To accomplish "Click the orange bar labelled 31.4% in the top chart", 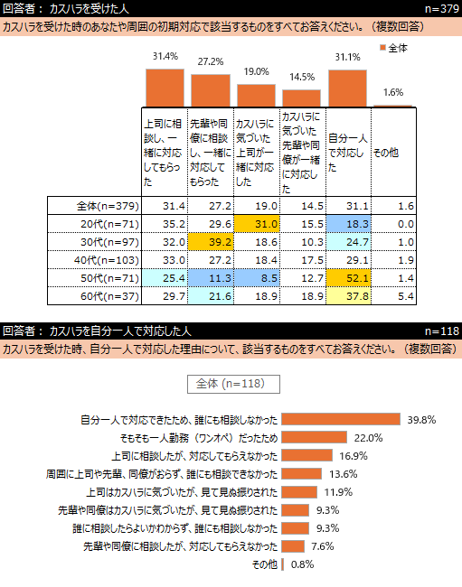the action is pyautogui.click(x=165, y=88).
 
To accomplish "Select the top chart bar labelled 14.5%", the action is pyautogui.click(x=302, y=98).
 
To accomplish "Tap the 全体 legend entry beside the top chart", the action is pyautogui.click(x=393, y=48).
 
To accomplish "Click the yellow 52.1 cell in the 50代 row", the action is pyautogui.click(x=348, y=278).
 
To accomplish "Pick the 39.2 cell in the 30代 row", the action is pyautogui.click(x=211, y=242).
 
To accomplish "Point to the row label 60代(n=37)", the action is pyautogui.click(x=109, y=296).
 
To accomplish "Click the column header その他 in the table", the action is pyautogui.click(x=386, y=153).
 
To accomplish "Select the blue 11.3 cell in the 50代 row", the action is pyautogui.click(x=211, y=278).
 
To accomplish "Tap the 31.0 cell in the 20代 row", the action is pyautogui.click(x=257, y=224).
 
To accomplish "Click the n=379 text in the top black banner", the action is pyautogui.click(x=442, y=9).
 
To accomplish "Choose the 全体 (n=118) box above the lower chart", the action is pyautogui.click(x=233, y=384).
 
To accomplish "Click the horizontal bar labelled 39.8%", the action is pyautogui.click(x=341, y=420).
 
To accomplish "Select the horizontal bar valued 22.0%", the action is pyautogui.click(x=315, y=438).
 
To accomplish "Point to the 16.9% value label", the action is pyautogui.click(x=354, y=456).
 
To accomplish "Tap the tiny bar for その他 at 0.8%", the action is pyautogui.click(x=283, y=564).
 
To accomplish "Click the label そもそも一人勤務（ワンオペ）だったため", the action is pyautogui.click(x=199, y=438).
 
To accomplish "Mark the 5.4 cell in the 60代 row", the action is pyautogui.click(x=406, y=296).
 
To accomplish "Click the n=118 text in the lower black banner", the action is pyautogui.click(x=442, y=331).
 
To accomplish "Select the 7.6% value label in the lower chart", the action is pyautogui.click(x=323, y=546).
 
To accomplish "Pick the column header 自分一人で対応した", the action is pyautogui.click(x=348, y=153).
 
